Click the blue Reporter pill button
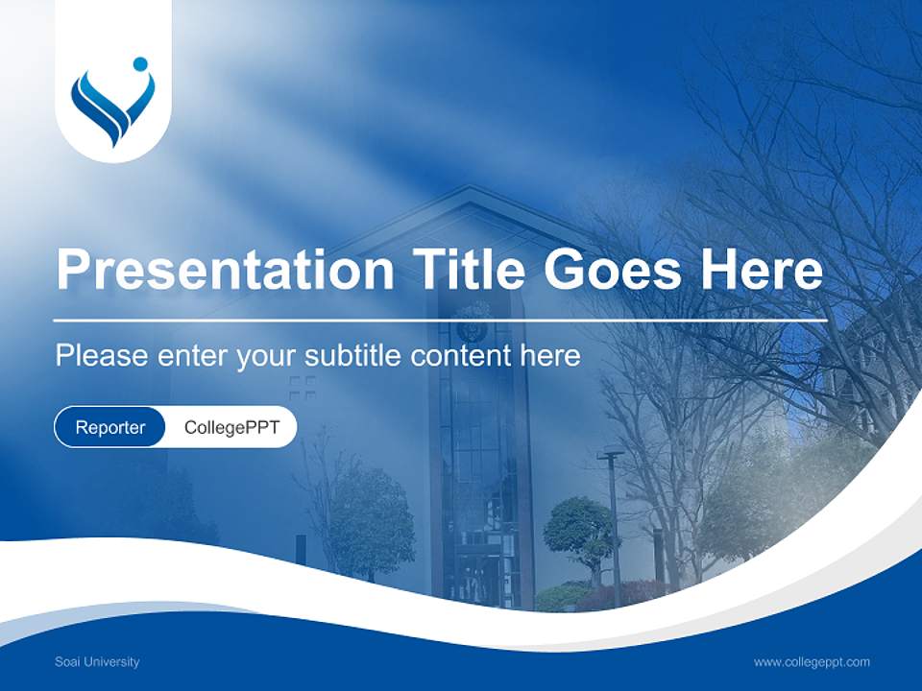tap(109, 427)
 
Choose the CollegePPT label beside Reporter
tap(231, 427)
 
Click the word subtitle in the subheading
tap(353, 355)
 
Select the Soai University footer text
tap(97, 661)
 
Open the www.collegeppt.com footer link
tap(812, 661)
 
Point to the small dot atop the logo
tap(140, 64)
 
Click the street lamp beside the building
tap(612, 518)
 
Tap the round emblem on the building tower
tap(473, 322)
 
